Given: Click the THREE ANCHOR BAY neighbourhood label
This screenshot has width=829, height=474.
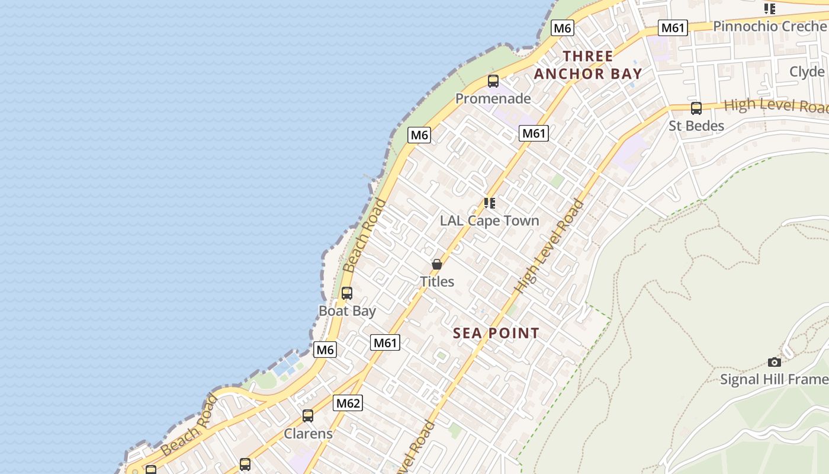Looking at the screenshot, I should [588, 65].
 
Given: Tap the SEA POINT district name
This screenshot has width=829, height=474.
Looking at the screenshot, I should [496, 333].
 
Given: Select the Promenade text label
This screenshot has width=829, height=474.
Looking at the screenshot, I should [493, 98].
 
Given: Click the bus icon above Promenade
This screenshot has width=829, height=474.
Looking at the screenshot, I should [493, 81].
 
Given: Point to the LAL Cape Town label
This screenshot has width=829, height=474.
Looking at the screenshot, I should [489, 220].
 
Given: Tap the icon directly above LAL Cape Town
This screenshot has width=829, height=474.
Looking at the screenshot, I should [489, 203].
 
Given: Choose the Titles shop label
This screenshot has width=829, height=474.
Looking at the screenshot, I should [437, 281].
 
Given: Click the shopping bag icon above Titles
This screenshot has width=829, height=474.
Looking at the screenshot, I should [437, 264].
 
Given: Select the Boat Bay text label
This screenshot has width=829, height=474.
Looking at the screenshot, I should [347, 310].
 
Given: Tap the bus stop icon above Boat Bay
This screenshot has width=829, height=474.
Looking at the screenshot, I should [347, 293].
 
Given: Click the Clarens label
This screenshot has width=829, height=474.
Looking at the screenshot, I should [308, 433].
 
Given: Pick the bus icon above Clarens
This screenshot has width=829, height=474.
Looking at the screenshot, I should [308, 416].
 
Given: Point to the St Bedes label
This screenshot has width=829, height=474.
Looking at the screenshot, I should [696, 126].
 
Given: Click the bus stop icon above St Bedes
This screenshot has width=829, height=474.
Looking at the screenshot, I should [696, 108].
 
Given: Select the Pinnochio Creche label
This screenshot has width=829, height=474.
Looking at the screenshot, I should [770, 26].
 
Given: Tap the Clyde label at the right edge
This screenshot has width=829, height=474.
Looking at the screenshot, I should [807, 72].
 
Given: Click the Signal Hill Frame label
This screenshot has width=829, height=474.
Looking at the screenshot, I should [774, 379].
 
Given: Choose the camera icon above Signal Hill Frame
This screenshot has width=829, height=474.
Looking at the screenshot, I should [774, 362].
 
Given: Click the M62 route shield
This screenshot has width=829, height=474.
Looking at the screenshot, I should [348, 403].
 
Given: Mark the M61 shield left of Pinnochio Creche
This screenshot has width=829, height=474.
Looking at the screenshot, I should [673, 28].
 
